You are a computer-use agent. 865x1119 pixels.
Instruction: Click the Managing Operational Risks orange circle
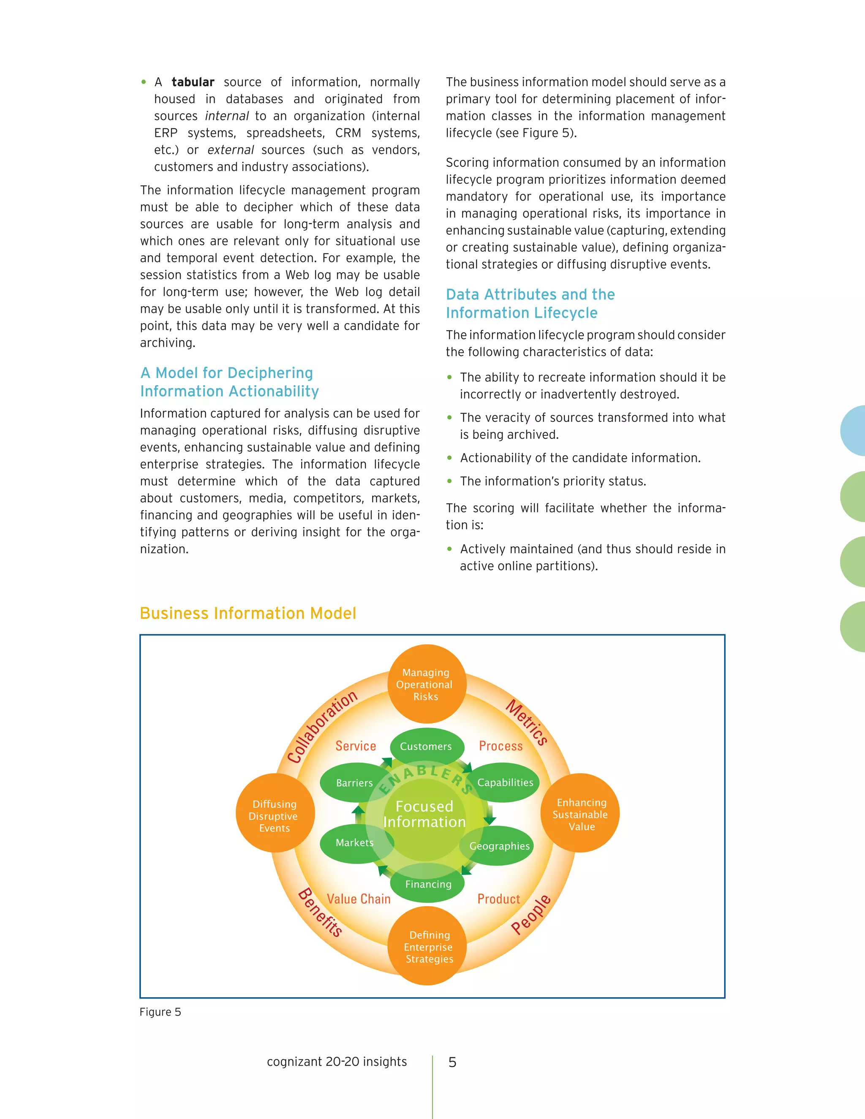(426, 684)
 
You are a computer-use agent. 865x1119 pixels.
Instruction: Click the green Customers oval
(426, 747)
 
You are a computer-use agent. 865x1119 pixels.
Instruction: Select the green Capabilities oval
(505, 782)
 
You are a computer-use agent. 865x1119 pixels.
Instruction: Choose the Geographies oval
(500, 846)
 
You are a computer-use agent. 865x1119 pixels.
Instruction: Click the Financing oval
(428, 884)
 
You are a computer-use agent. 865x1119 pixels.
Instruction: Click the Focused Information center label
(424, 814)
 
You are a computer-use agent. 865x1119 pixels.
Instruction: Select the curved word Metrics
(527, 722)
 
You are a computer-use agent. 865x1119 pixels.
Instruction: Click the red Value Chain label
(359, 899)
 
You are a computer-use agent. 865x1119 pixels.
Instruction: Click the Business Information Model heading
(248, 613)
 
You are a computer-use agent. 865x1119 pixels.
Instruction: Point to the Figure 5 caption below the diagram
(160, 1012)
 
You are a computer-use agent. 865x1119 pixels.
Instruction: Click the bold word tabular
(193, 82)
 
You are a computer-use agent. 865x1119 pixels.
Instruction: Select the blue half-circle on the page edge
(854, 431)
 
